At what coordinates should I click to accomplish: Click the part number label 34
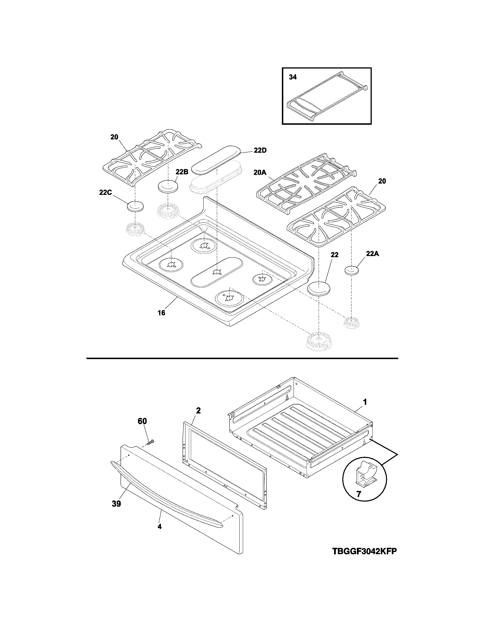(x=292, y=77)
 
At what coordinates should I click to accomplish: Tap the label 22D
(x=260, y=150)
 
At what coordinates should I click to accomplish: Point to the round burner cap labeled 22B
(x=168, y=186)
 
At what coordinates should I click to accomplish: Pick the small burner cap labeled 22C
(x=135, y=206)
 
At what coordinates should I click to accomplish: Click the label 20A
(x=260, y=172)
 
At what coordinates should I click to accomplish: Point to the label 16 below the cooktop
(x=161, y=313)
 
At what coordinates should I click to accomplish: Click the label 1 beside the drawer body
(x=365, y=402)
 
